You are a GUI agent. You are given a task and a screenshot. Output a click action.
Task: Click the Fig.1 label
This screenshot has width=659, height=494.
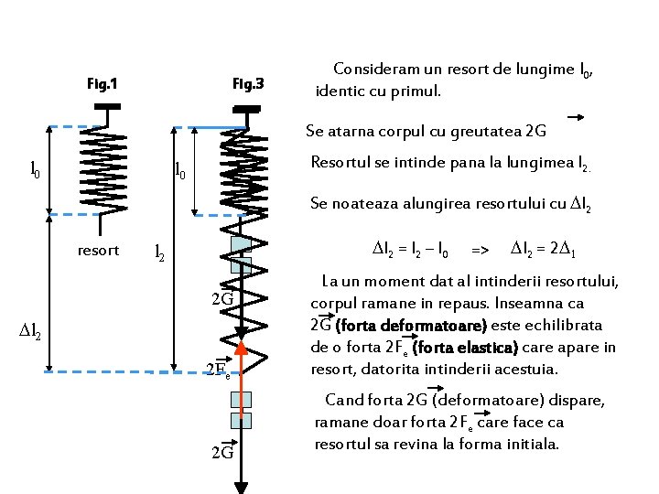click(102, 85)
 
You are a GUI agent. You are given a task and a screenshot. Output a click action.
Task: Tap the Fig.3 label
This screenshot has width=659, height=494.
click(247, 85)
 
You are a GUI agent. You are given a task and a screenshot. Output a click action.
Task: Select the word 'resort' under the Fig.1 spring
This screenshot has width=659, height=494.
click(98, 249)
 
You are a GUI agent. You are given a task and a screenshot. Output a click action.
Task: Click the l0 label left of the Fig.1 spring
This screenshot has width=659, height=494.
click(35, 168)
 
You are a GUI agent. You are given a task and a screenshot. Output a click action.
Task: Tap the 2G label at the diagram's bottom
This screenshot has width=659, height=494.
click(222, 453)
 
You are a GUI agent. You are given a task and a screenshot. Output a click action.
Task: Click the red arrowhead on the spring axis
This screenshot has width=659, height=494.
click(242, 348)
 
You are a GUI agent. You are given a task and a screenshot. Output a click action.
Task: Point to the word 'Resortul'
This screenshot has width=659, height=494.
click(341, 163)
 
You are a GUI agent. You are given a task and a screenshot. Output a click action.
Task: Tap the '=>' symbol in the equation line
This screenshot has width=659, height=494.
click(479, 250)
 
